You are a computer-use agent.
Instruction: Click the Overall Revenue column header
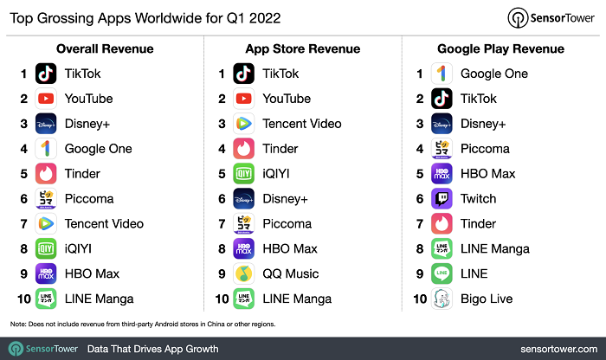[x=100, y=48]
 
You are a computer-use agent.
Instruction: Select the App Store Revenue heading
[x=299, y=48]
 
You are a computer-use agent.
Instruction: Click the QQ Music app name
[x=291, y=273]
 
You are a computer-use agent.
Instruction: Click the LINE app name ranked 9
[x=474, y=273]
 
